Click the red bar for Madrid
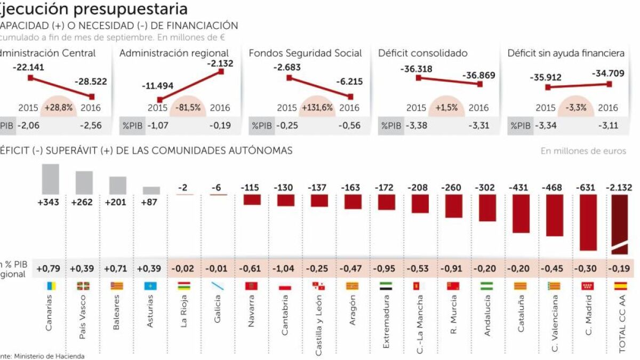tap(588, 222)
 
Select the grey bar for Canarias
tap(50, 179)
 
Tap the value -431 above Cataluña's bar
tap(521, 188)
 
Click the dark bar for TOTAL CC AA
tap(620, 224)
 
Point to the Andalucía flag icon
tap(486, 286)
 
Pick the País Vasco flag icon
tap(83, 286)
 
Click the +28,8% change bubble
tap(58, 108)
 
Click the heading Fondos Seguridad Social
tap(305, 53)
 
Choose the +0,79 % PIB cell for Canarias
tap(48, 269)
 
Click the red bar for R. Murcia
tap(453, 206)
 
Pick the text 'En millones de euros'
tap(583, 151)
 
